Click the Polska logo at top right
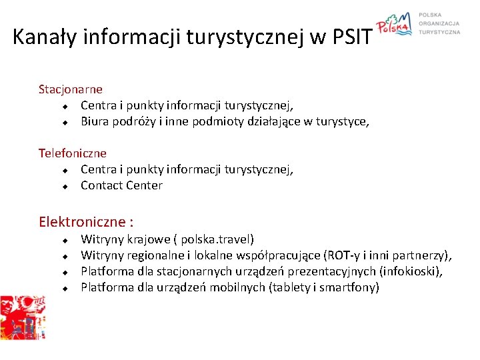point(395,25)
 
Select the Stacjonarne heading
point(71,89)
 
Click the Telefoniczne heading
point(73,153)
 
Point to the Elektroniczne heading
point(86,221)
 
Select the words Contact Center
point(121,186)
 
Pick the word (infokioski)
point(410,272)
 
